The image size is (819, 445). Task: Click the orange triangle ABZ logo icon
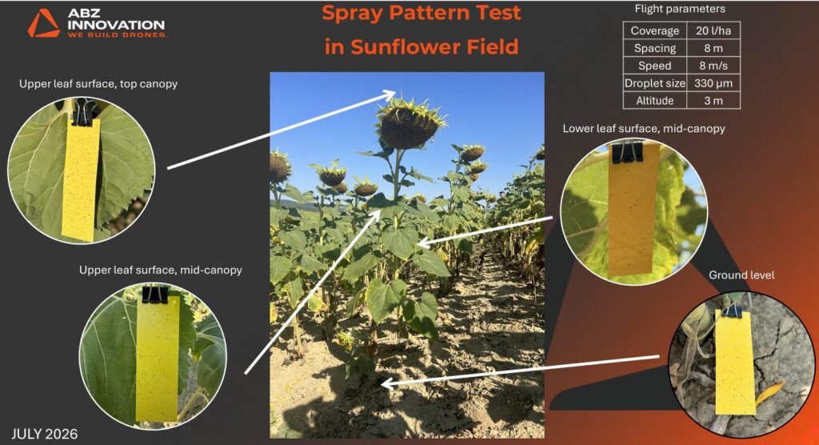click(x=44, y=23)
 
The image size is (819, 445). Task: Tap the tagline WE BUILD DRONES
click(x=118, y=35)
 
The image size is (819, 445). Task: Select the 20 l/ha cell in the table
click(x=713, y=30)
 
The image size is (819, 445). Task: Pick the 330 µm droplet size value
click(x=713, y=83)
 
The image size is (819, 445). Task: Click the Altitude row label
click(x=654, y=100)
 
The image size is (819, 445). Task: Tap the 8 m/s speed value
click(x=713, y=66)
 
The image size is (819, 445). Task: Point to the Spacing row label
click(x=654, y=48)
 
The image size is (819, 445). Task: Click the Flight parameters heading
click(x=680, y=9)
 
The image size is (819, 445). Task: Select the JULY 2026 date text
click(x=45, y=434)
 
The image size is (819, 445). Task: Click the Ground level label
click(x=741, y=275)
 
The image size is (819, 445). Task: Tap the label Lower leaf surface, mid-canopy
click(x=644, y=129)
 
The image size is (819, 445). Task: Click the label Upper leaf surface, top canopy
click(x=98, y=84)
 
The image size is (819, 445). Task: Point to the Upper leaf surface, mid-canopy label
click(x=160, y=271)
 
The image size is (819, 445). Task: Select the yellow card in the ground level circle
click(x=735, y=363)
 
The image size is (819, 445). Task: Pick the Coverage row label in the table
click(x=654, y=30)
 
